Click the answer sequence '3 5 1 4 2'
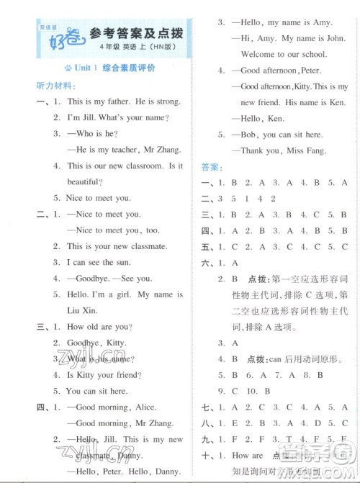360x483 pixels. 256,199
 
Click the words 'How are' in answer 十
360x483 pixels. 247,455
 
